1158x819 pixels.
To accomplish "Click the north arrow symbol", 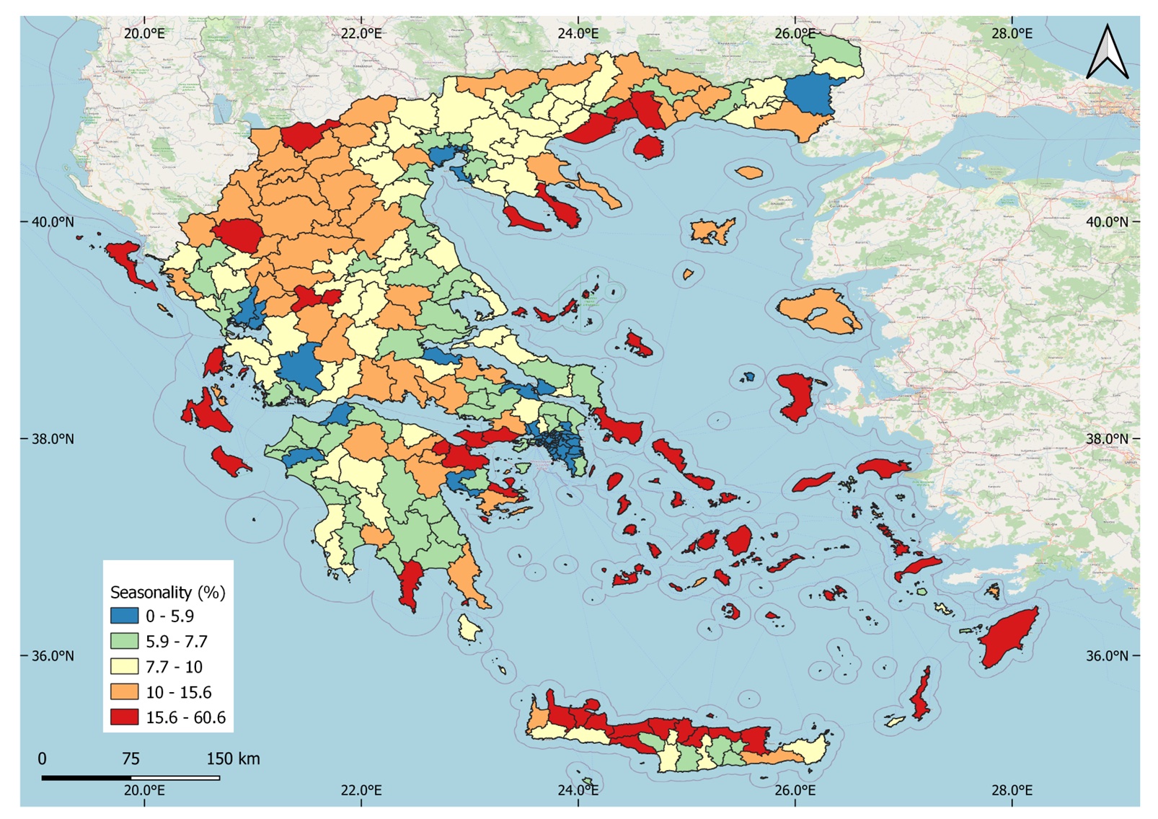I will (x=1107, y=52).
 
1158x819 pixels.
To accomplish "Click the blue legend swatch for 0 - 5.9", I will (x=124, y=616).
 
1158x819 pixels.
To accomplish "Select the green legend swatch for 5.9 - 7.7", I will (x=124, y=641).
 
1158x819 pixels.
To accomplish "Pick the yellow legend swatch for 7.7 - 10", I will (x=124, y=666).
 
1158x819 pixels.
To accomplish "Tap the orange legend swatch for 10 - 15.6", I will (x=124, y=691).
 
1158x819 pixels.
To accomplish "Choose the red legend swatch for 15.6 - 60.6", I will (x=124, y=717).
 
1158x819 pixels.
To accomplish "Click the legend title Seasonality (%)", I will (x=167, y=593).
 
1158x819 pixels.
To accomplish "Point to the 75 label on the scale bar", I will (x=131, y=758).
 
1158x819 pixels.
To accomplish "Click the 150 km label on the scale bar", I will (x=233, y=758).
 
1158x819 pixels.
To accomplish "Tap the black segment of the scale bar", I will (x=87, y=778).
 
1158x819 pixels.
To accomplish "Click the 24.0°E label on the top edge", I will (x=578, y=33).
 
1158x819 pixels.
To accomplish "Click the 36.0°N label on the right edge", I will (x=1107, y=655).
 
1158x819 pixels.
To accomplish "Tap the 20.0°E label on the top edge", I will (x=143, y=33).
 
